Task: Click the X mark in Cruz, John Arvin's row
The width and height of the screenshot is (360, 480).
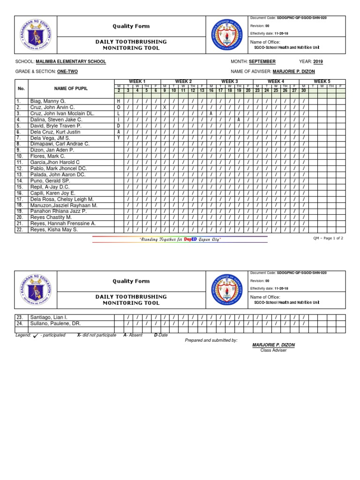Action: coord(165,107)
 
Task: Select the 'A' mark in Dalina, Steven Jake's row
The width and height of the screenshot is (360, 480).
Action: coord(239,120)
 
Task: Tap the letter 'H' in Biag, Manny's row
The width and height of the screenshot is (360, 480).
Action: coord(119,101)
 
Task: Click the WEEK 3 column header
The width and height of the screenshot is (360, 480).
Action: coord(230,82)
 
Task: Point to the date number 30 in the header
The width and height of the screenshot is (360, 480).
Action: coord(303,90)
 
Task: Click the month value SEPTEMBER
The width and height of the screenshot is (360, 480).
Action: coord(262,62)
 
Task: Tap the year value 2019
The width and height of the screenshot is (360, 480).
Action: coord(318,62)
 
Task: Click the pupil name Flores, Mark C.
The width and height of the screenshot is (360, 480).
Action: coord(48,156)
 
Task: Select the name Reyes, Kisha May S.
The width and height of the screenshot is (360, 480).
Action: coord(54,230)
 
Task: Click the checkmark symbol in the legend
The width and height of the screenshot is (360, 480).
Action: coord(35,336)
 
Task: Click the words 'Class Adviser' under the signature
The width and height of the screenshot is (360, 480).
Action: coord(273,351)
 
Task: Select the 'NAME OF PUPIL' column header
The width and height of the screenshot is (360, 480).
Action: coord(71,89)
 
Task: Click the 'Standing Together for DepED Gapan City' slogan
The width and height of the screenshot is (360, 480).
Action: coord(180,240)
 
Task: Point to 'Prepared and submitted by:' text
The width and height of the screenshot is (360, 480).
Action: coord(211,340)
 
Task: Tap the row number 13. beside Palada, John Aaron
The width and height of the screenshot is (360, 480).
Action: coord(20,174)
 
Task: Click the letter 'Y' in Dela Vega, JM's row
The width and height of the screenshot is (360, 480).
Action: coord(119,138)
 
